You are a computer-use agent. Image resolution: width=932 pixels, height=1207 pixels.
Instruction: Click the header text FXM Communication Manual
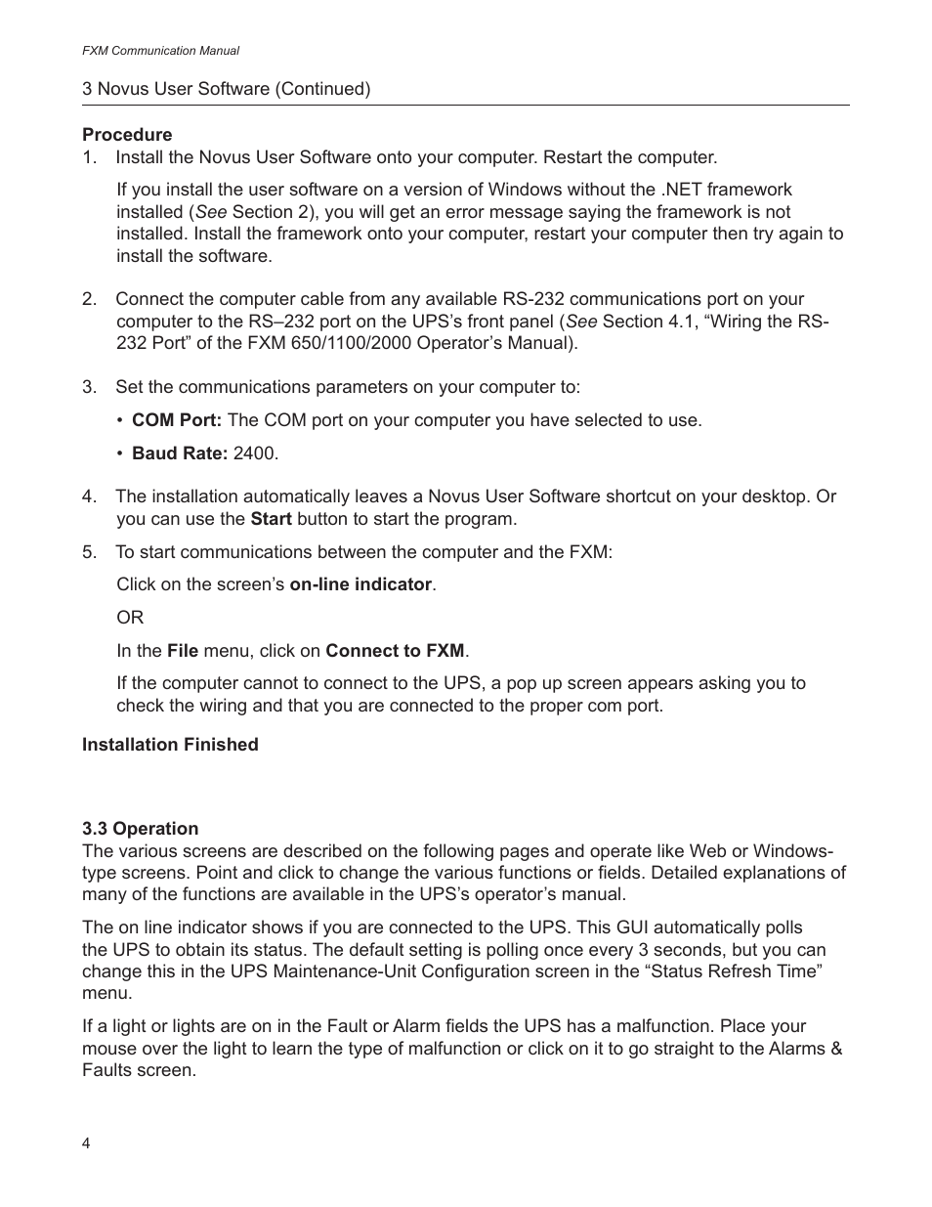[160, 51]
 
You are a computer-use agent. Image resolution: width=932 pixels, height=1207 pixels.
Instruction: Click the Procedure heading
[127, 135]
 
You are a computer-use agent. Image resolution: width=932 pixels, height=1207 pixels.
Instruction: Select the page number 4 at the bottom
[86, 1144]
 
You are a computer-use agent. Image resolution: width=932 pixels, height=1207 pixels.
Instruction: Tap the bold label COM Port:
[177, 420]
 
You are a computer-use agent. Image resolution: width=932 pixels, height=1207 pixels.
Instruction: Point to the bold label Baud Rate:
[180, 453]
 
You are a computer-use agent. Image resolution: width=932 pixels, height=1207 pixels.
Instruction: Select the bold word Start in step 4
[271, 519]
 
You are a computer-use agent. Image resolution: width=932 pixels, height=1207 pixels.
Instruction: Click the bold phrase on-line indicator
[360, 584]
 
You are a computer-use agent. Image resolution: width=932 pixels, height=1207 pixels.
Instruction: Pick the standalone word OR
[130, 618]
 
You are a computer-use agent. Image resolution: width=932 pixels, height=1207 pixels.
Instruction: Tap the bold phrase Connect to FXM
[395, 651]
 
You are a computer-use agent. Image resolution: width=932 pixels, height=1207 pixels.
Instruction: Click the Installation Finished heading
[170, 745]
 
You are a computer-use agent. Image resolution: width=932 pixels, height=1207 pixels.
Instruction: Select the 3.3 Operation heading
[140, 829]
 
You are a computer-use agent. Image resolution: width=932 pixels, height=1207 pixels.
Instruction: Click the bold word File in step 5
[183, 651]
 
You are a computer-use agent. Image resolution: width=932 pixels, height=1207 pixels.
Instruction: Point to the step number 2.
[89, 299]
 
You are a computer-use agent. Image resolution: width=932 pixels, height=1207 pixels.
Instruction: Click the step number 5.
[89, 552]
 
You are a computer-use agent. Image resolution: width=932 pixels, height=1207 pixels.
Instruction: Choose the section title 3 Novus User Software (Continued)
[227, 89]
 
